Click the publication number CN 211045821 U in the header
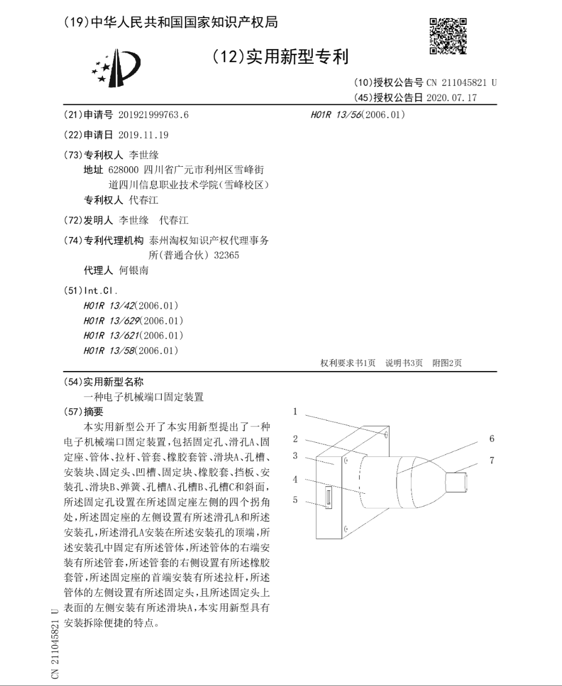[x=461, y=83]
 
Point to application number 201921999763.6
[x=153, y=115]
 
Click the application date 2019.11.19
[x=144, y=135]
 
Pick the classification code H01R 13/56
[x=336, y=115]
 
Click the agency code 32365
[x=227, y=255]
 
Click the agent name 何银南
[x=134, y=270]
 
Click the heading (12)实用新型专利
[x=280, y=57]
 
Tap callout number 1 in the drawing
[x=295, y=412]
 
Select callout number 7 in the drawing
[x=491, y=460]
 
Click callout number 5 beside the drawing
[x=295, y=499]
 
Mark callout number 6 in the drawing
[x=491, y=438]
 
